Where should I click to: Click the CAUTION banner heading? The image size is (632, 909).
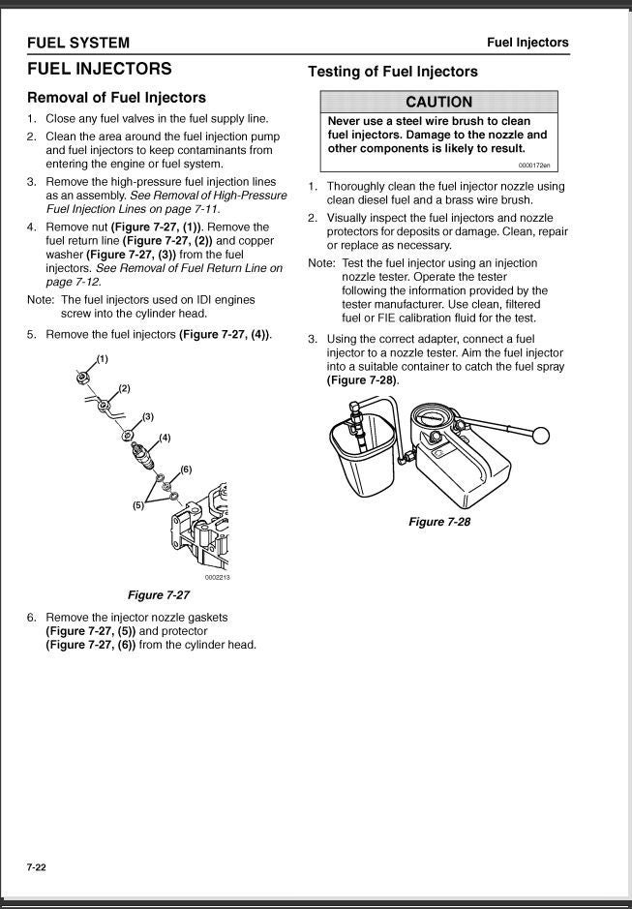(438, 102)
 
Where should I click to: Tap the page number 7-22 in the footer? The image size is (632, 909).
(37, 866)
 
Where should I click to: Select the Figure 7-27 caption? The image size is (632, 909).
(159, 594)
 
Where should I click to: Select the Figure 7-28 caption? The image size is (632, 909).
(439, 522)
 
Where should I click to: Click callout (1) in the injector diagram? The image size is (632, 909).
(102, 359)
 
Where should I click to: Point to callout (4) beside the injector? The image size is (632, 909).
(165, 438)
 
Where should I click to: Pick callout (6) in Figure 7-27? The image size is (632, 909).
(186, 469)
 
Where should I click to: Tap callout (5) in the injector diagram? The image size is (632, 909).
(138, 505)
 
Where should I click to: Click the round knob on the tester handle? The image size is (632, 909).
(542, 437)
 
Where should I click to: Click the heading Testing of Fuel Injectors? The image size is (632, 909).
(392, 72)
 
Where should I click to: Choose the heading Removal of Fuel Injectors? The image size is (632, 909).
(116, 98)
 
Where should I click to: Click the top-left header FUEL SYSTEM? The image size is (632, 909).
(78, 43)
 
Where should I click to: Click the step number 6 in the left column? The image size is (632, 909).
(32, 618)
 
